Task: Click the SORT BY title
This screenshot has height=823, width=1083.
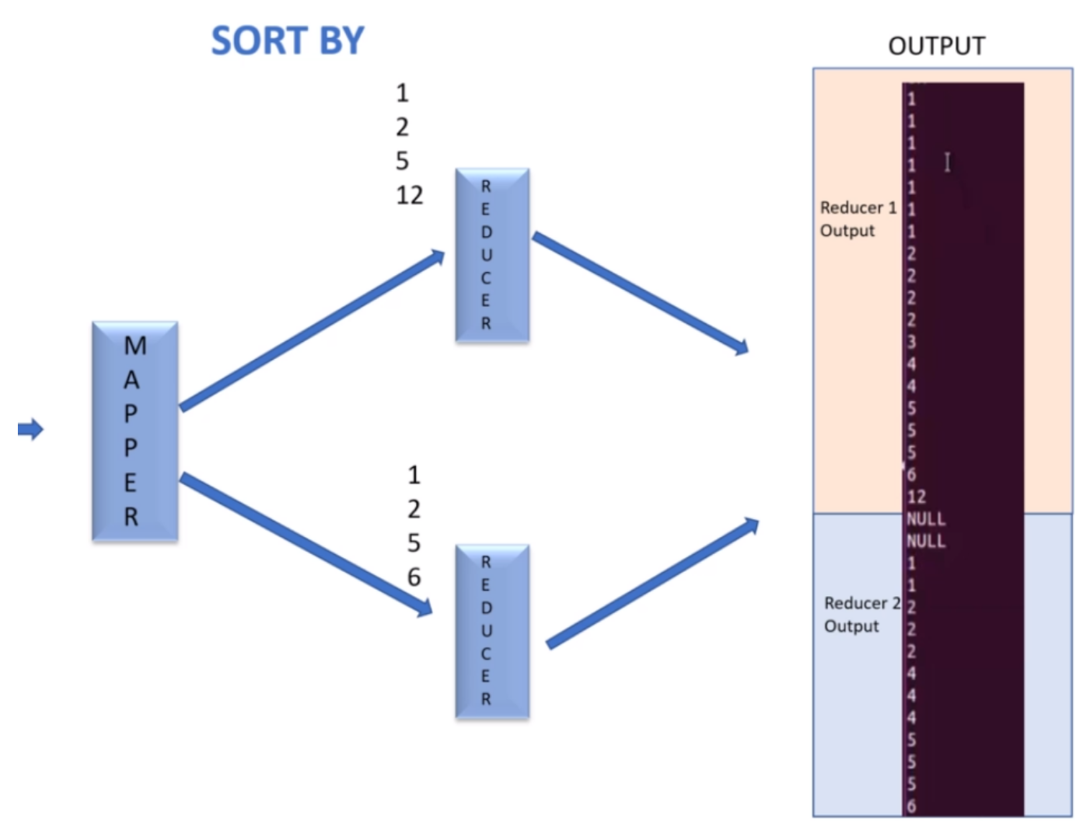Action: (x=288, y=40)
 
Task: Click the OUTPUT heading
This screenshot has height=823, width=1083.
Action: (x=936, y=46)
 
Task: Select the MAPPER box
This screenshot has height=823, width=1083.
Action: (x=135, y=431)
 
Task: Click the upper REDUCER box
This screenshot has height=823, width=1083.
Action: (x=492, y=255)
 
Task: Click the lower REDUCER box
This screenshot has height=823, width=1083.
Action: (x=492, y=630)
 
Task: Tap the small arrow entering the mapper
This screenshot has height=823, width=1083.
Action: (x=30, y=429)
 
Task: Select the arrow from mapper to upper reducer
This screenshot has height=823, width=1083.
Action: (x=311, y=330)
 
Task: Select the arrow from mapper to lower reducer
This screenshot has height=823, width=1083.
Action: (x=306, y=544)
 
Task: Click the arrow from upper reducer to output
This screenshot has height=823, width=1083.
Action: (x=639, y=292)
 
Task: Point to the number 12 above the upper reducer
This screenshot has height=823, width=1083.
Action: (x=410, y=195)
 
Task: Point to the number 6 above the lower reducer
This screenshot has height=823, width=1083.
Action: (x=414, y=577)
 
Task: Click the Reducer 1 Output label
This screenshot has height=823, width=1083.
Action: (x=858, y=219)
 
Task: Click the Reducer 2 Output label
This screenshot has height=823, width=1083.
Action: (x=861, y=614)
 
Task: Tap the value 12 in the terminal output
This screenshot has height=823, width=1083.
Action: (x=917, y=497)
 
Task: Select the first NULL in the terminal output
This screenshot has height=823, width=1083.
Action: (x=926, y=518)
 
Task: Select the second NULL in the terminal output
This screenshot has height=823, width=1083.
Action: (x=926, y=541)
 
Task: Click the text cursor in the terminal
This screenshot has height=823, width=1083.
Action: (x=947, y=162)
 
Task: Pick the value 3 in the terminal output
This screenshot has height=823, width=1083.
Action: (x=911, y=342)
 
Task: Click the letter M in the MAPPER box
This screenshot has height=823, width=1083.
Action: (x=135, y=346)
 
